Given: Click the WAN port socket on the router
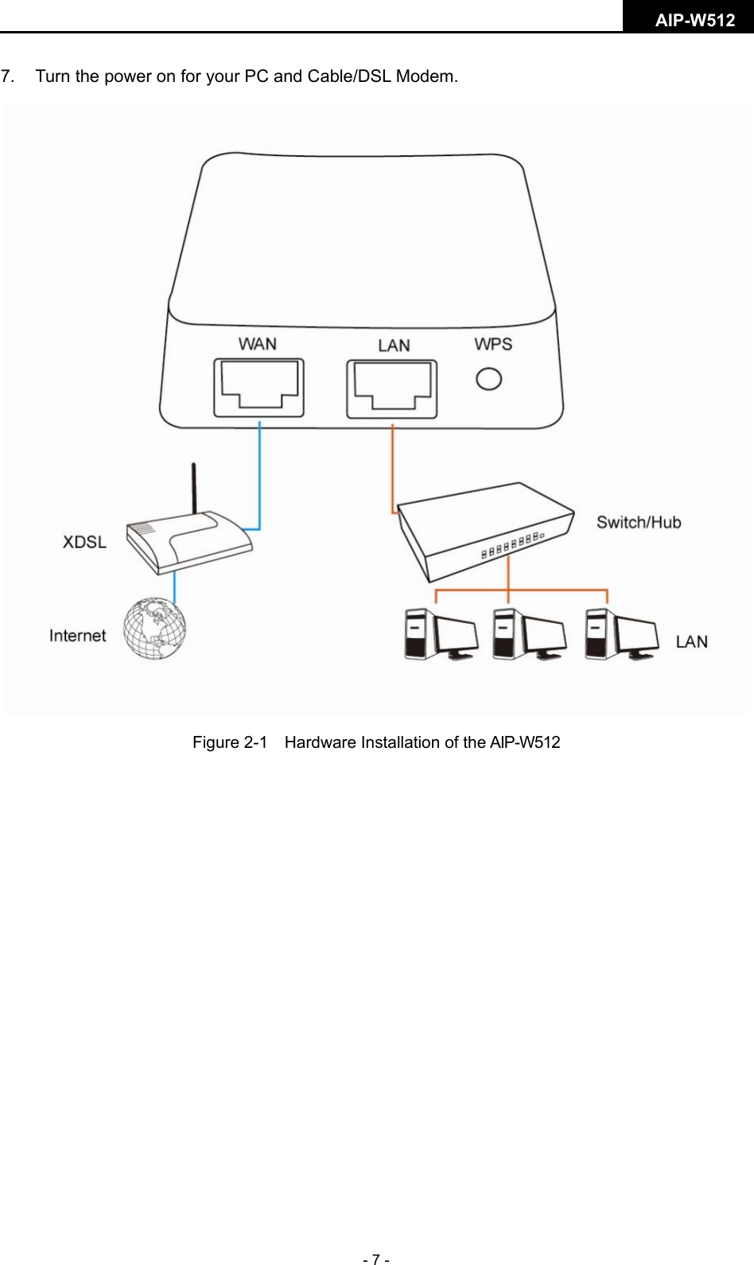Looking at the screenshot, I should (258, 387).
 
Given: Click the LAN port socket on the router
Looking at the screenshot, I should (391, 388).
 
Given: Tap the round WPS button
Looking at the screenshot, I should (488, 379).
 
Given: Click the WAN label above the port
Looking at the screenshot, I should (258, 344).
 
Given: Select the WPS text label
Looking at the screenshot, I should (493, 344).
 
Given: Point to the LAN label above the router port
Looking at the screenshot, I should (394, 345).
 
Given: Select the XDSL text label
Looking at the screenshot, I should (84, 542).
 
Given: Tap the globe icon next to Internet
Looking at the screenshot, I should (154, 629).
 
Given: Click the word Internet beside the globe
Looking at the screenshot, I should (77, 636).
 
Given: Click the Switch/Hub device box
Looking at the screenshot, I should (485, 529).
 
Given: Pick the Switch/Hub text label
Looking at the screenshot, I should (639, 523).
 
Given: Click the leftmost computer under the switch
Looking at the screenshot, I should (440, 634).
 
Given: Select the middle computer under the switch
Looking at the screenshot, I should (528, 634).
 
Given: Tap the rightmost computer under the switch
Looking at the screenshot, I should (620, 634).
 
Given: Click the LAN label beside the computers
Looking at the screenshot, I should (691, 642).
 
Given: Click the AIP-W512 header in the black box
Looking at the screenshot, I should (694, 21).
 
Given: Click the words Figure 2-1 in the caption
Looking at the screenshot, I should (230, 742).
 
